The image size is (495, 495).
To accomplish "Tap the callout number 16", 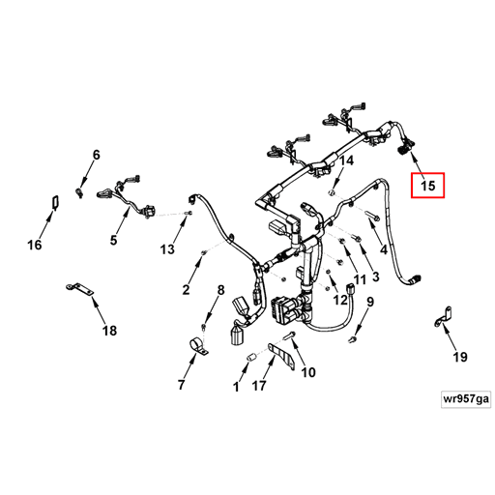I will click(x=34, y=246).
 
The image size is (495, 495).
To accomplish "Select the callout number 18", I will click(x=109, y=331).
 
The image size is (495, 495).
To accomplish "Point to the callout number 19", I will click(x=459, y=357).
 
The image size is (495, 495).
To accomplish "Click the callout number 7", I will click(x=181, y=386).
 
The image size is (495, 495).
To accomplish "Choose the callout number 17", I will click(x=258, y=387).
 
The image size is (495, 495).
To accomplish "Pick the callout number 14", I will click(x=346, y=160).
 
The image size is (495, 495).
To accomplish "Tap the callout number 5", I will click(x=113, y=240).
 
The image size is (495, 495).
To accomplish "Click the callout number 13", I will click(x=166, y=249).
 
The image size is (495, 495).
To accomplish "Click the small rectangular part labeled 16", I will click(x=54, y=202).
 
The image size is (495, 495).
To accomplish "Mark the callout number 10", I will click(x=308, y=372).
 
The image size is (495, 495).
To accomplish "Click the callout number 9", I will click(x=368, y=303).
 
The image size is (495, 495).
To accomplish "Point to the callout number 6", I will click(x=96, y=156).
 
